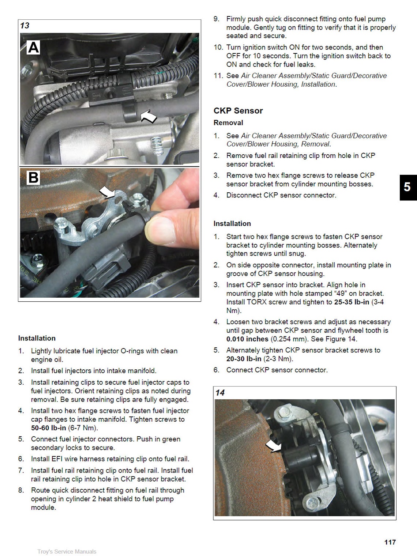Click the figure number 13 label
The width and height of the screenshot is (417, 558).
tap(25, 26)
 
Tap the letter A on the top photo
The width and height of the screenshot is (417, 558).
tap(33, 48)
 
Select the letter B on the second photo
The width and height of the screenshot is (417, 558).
tap(33, 178)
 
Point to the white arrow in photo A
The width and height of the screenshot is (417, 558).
tap(149, 117)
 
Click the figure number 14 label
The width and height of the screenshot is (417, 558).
tap(220, 393)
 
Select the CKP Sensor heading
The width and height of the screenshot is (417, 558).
tap(238, 111)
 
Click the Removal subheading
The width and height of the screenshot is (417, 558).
tap(228, 123)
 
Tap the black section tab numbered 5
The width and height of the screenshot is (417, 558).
tap(407, 187)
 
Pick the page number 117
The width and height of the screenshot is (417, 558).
tap(390, 542)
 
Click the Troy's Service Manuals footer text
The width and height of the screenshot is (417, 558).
tap(67, 551)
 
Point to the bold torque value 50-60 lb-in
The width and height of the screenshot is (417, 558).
tap(49, 428)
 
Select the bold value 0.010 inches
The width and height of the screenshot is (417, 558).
tap(247, 339)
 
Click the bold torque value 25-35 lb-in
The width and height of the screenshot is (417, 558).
tap(352, 302)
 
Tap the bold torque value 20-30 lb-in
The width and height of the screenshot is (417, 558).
tap(244, 359)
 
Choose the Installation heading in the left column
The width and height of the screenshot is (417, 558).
tap(37, 338)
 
